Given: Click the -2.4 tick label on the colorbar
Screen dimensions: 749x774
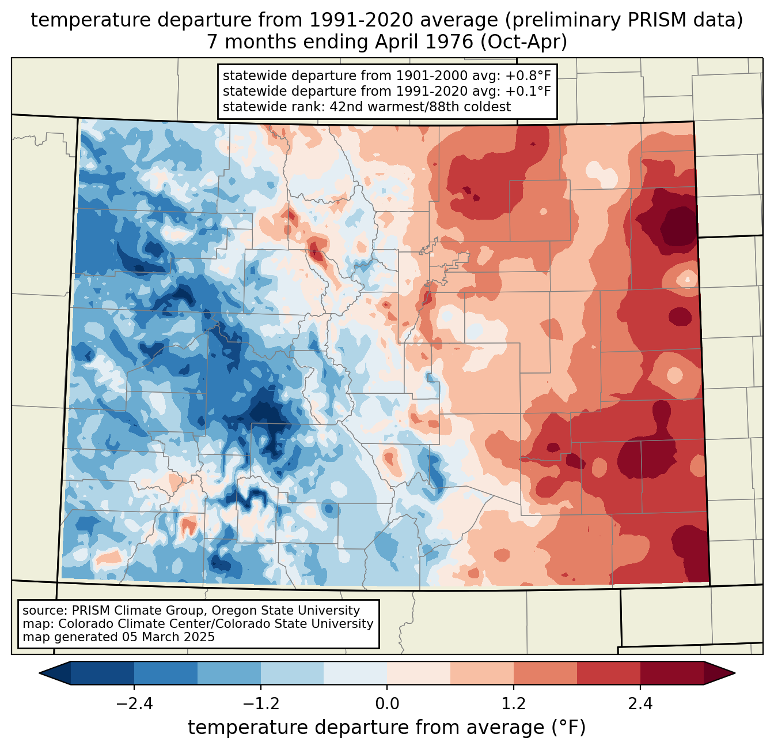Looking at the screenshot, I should (x=134, y=704).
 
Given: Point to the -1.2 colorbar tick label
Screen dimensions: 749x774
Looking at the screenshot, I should (x=260, y=704).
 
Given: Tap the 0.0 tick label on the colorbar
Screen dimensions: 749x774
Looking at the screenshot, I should (x=387, y=704).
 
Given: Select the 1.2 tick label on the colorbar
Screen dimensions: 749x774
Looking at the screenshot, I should (x=514, y=704).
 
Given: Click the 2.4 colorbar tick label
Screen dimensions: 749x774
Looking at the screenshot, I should (x=640, y=704).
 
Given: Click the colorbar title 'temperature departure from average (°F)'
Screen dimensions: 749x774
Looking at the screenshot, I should (x=386, y=728).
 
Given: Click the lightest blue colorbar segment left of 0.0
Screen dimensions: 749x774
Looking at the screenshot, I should (x=355, y=673).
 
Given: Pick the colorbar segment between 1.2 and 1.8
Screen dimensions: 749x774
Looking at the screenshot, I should (x=545, y=673).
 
